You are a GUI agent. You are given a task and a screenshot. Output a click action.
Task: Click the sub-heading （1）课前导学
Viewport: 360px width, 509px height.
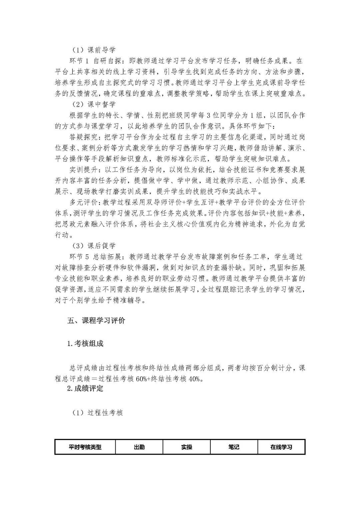point(94,50)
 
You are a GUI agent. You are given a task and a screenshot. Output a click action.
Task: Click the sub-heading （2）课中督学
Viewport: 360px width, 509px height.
point(94,104)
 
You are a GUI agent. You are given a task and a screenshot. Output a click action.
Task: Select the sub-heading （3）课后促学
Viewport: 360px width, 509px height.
point(94,246)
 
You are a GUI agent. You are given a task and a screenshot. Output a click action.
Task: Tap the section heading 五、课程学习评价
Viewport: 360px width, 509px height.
point(96,321)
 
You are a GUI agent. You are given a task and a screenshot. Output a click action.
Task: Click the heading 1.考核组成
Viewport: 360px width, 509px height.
point(85,343)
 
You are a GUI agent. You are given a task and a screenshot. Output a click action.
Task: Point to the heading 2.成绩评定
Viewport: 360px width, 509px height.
point(85,388)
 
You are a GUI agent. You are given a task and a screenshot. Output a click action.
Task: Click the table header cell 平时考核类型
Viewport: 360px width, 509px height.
point(85,447)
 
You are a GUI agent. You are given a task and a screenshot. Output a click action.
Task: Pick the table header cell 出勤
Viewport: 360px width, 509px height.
point(139,447)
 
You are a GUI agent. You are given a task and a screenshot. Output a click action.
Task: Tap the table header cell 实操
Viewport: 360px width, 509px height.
point(187,447)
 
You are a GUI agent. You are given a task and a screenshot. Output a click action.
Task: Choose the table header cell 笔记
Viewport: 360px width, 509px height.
point(234,447)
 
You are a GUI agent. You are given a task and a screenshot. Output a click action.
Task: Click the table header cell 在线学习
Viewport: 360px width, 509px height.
point(281,447)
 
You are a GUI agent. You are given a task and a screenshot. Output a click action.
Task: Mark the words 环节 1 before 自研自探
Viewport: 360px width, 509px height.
point(80,61)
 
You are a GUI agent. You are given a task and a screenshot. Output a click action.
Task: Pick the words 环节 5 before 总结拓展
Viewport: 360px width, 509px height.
point(80,257)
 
